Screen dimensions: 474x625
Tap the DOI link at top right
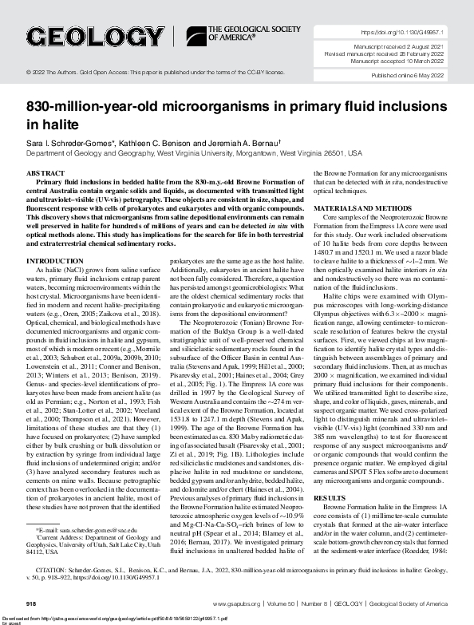coord(403,33)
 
